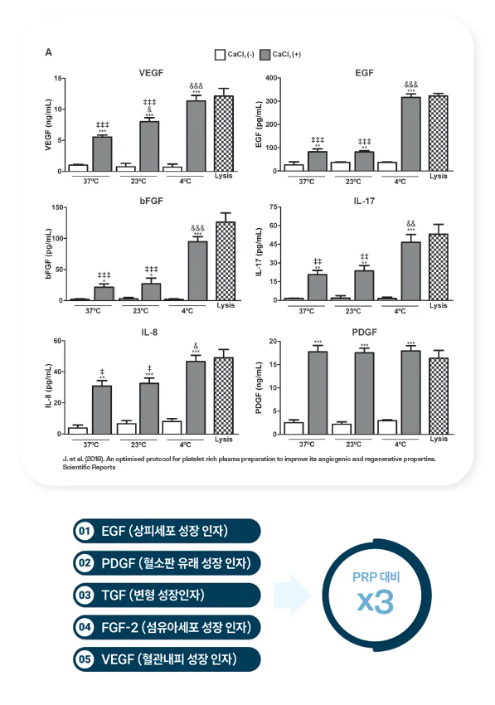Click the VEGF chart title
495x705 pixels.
tap(151, 72)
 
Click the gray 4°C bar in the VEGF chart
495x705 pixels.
tap(197, 136)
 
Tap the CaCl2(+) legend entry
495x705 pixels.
tap(279, 54)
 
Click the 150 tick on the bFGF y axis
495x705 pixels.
tap(58, 207)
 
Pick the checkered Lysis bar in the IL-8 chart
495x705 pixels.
tap(224, 395)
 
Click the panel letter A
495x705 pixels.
tap(49, 51)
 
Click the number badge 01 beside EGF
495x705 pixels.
tap(85, 531)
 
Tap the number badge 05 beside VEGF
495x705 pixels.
tap(85, 659)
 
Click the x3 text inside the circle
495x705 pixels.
tap(375, 603)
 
